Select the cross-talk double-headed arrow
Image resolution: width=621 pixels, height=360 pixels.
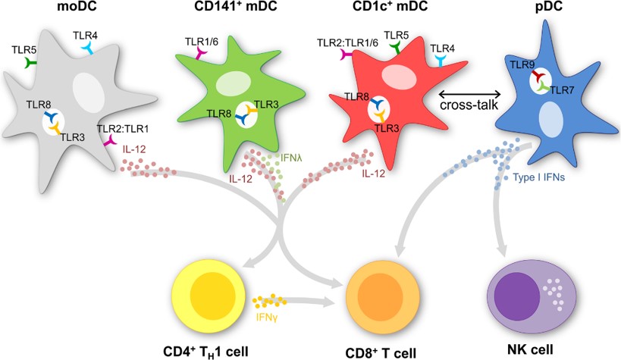(470, 93)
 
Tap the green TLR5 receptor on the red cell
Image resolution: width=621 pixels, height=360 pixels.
(395, 49)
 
